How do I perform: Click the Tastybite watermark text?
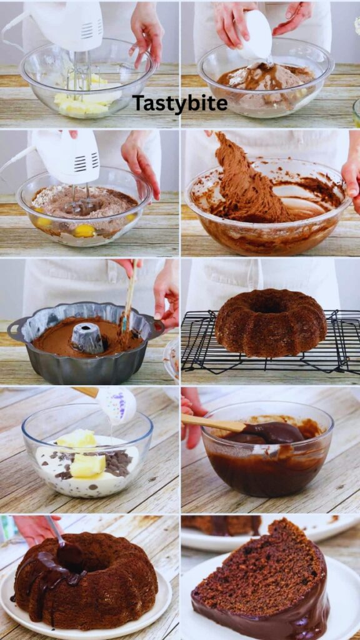(179, 104)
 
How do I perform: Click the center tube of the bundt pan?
(87, 337)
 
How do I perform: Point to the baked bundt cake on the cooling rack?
(270, 322)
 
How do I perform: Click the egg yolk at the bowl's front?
(84, 231)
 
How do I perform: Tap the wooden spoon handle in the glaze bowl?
(213, 423)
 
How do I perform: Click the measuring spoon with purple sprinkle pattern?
(116, 404)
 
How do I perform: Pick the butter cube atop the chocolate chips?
(87, 465)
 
